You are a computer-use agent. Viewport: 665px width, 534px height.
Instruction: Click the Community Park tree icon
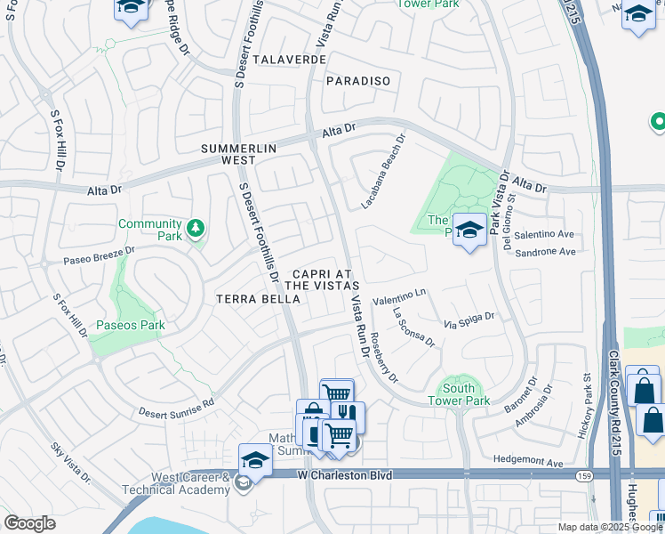click(195, 231)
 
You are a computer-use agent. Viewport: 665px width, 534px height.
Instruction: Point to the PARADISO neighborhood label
click(357, 80)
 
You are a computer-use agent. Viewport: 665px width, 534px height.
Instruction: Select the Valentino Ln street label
click(399, 295)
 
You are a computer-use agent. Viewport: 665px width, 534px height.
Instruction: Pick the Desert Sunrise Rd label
click(176, 408)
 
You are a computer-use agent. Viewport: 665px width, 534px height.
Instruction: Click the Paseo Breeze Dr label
click(98, 255)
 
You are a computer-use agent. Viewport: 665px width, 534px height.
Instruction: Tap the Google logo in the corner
click(29, 522)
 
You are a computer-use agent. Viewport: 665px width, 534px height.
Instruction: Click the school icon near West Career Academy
click(254, 460)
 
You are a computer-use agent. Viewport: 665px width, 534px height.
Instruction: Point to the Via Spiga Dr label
click(470, 320)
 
